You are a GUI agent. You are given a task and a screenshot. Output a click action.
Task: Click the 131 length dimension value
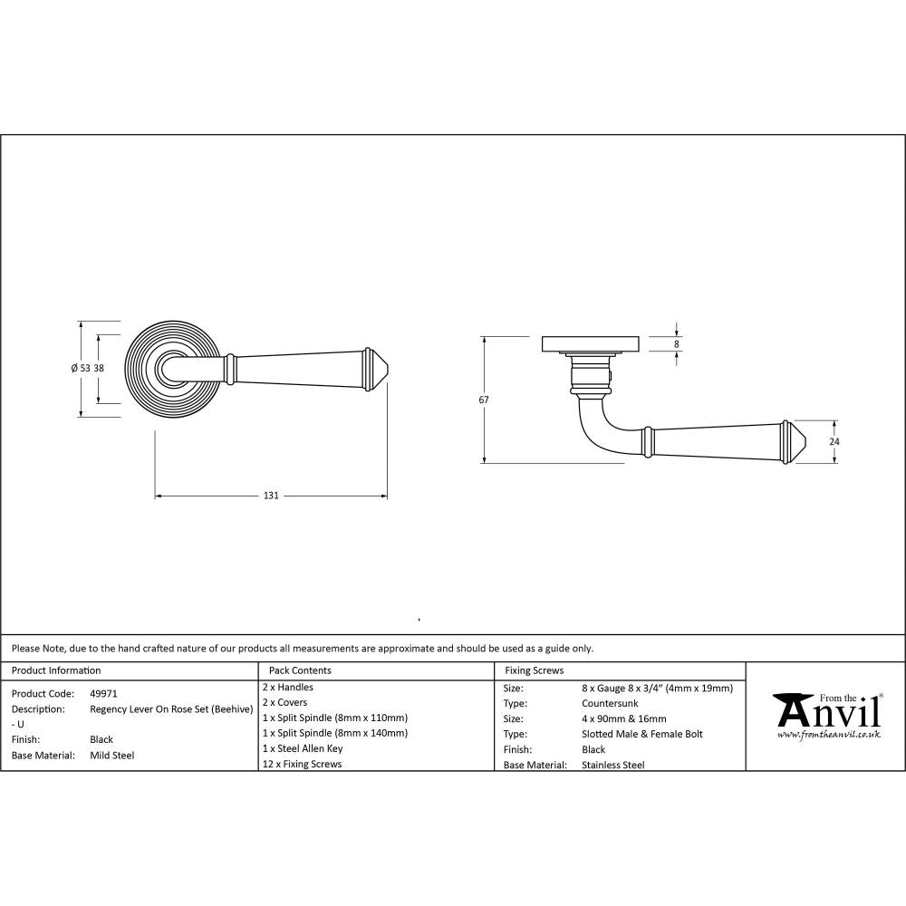270,496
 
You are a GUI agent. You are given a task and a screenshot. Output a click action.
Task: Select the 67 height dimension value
484,400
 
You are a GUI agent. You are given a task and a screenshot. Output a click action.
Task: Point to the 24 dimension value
835,441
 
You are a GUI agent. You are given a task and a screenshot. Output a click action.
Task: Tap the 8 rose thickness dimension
676,343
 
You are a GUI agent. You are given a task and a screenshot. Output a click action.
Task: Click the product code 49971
104,693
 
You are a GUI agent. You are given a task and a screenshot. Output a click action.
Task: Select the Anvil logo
825,711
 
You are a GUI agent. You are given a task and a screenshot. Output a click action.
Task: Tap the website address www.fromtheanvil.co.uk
828,735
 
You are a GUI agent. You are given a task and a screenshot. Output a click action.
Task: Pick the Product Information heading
56,670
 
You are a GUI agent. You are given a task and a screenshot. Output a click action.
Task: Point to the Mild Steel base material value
111,755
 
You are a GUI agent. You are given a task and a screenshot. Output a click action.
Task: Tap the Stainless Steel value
612,765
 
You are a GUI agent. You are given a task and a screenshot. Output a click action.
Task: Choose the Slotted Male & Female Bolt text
641,734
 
